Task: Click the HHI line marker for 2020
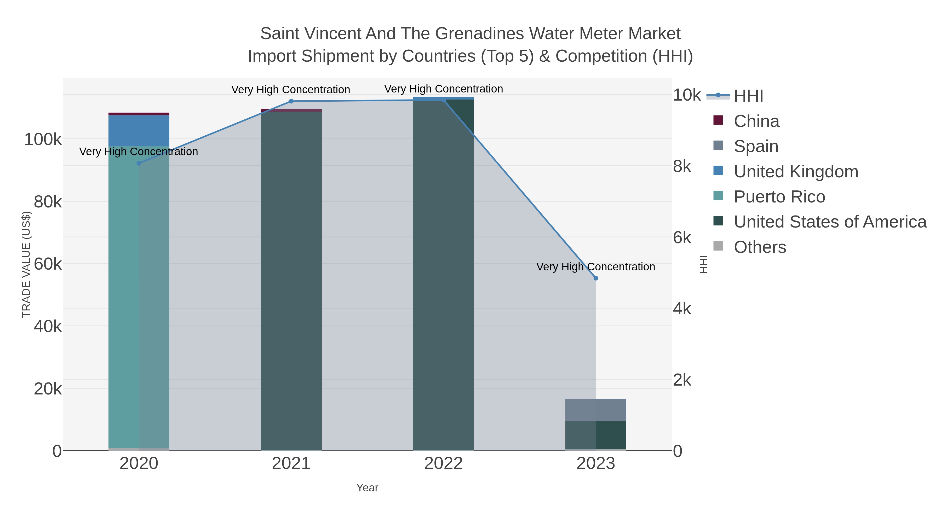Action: [139, 163]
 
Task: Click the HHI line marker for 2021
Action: [291, 101]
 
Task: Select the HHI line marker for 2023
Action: [596, 278]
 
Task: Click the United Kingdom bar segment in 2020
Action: [139, 131]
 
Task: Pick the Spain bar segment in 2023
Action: [596, 410]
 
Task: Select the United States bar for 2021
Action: [291, 281]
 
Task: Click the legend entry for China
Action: [756, 121]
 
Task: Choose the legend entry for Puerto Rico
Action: [779, 197]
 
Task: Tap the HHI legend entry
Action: [748, 96]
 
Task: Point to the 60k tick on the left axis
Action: [48, 264]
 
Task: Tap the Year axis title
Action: [367, 488]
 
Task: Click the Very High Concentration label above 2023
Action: [595, 267]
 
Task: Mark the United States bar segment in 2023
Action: [596, 435]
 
